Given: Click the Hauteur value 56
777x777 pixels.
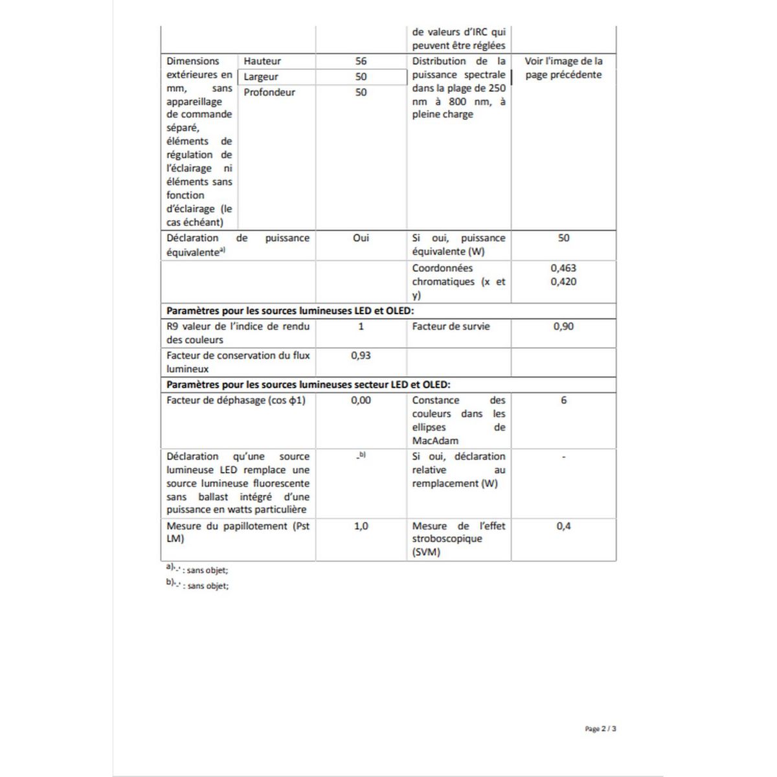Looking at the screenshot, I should [361, 61].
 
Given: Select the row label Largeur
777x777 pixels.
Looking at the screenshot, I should [261, 76].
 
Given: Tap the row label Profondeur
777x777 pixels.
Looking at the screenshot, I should [269, 92].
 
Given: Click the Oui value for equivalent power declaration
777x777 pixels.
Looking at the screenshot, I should [361, 238].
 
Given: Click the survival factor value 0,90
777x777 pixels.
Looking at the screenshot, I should [563, 326].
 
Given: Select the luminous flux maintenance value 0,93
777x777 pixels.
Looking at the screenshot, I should [361, 355].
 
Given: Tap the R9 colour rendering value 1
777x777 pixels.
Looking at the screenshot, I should [361, 326].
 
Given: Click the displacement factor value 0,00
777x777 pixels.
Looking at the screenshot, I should [361, 400].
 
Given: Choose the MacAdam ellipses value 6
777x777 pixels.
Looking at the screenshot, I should [563, 400].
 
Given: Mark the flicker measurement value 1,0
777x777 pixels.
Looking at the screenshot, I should [361, 526].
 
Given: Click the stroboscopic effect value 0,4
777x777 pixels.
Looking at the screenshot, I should [563, 526].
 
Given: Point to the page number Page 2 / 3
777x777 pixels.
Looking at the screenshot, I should [600, 728].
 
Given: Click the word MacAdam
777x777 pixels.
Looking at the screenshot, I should [435, 441].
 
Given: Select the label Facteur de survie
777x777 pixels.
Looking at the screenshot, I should [451, 326].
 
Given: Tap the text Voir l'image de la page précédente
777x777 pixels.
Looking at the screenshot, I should [563, 68].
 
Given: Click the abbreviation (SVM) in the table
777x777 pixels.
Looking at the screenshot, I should [426, 552].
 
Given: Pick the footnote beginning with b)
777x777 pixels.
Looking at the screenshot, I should [197, 585].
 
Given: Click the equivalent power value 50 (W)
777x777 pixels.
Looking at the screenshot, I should [563, 238].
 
